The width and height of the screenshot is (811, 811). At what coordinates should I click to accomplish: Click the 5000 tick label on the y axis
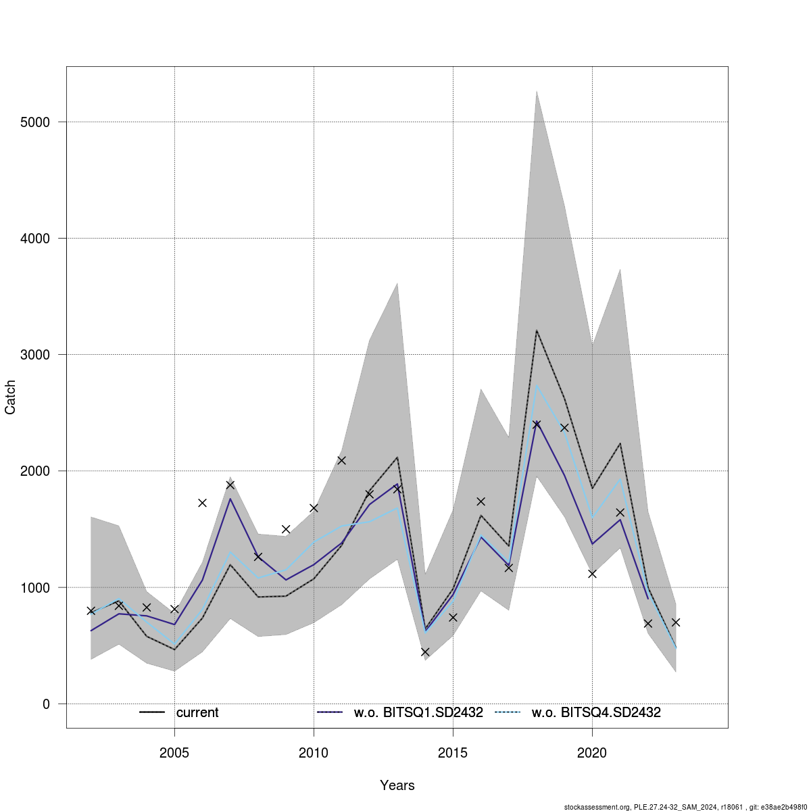tap(35, 122)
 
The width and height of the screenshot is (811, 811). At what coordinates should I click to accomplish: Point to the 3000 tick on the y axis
tap(35, 355)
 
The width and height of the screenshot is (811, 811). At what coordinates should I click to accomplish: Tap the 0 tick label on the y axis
tap(46, 704)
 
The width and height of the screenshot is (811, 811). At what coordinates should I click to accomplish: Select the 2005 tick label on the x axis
tap(174, 752)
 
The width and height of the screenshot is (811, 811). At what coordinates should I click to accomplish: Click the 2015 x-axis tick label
tap(453, 752)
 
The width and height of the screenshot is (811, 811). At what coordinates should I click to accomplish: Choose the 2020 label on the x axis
tap(592, 752)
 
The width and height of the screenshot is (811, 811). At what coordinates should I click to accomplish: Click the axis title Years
tap(397, 785)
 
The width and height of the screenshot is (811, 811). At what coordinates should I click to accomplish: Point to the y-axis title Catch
tap(11, 397)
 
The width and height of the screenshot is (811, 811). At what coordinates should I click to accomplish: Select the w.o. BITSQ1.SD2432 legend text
tap(418, 712)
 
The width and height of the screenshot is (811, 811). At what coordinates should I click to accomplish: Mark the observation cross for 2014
tap(425, 652)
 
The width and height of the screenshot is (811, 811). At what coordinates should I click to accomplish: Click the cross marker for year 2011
tap(341, 460)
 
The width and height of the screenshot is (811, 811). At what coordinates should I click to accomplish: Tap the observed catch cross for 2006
tap(202, 503)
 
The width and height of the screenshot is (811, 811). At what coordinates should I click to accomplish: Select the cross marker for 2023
tap(675, 622)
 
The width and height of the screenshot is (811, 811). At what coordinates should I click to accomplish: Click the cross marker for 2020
tap(592, 574)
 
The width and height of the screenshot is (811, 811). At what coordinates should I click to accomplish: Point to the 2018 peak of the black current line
tap(537, 330)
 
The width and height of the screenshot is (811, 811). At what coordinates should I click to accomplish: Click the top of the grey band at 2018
tap(537, 91)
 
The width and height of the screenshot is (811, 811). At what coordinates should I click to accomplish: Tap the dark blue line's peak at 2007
tap(230, 499)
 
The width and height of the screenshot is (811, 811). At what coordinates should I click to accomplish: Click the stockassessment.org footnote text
tap(687, 806)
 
